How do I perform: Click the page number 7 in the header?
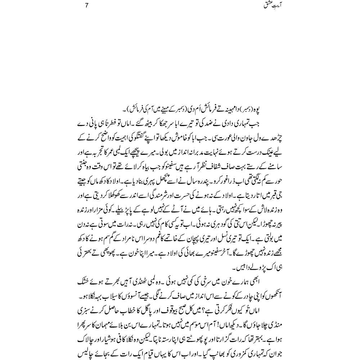pyautogui.click(x=87, y=6)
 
